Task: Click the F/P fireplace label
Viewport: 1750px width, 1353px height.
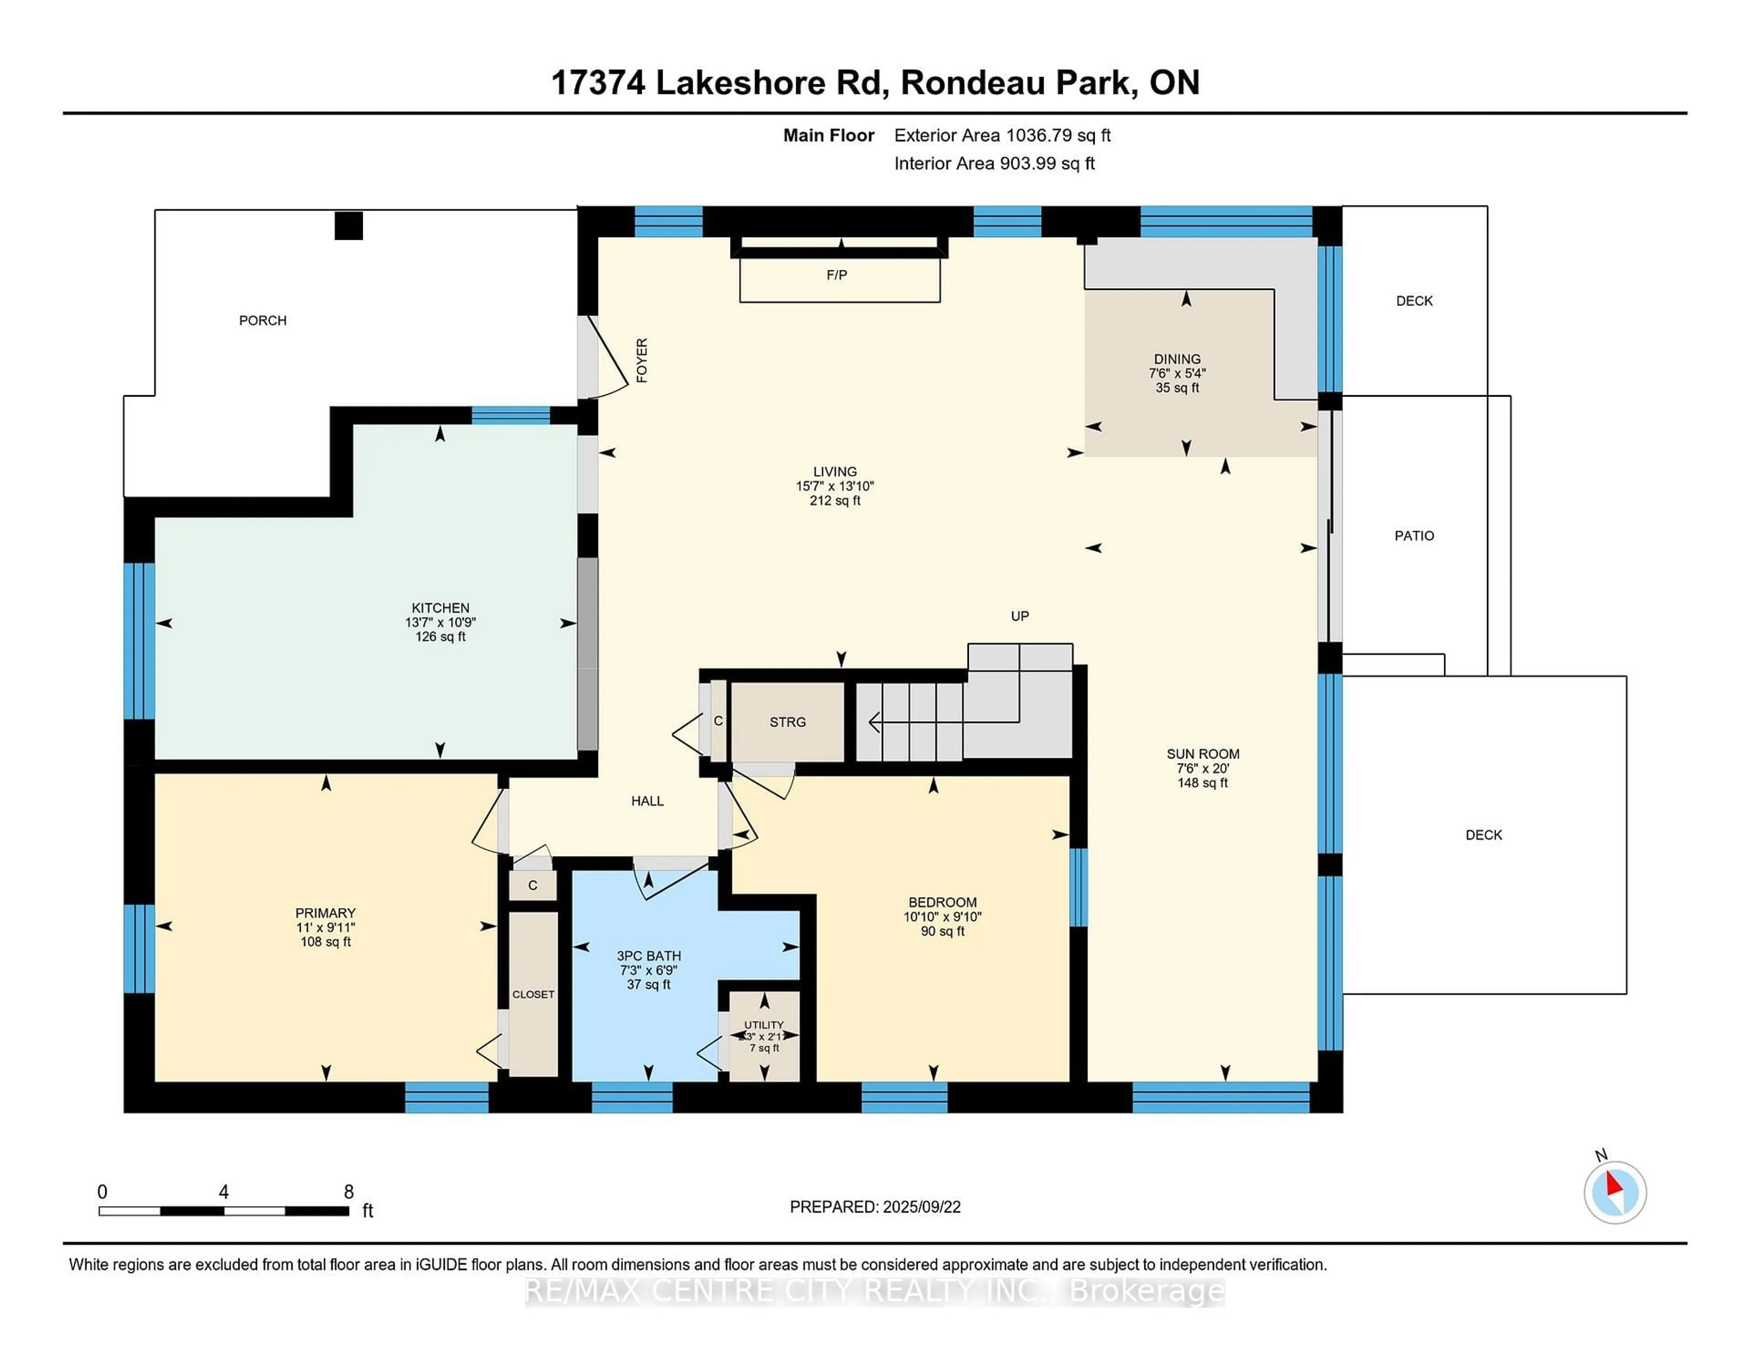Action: [x=837, y=275]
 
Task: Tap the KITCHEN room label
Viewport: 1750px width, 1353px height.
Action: [x=440, y=608]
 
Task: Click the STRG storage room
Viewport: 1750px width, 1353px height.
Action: [x=787, y=722]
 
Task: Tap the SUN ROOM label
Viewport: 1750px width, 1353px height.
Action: [x=1202, y=754]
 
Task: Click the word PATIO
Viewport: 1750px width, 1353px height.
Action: [x=1414, y=536]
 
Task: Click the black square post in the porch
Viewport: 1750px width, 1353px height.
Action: [x=349, y=226]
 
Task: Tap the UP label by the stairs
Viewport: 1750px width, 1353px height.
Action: [x=1019, y=615]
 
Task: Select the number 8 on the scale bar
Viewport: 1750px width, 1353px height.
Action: [x=349, y=1192]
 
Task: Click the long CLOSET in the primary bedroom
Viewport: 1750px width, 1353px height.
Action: [x=533, y=994]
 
